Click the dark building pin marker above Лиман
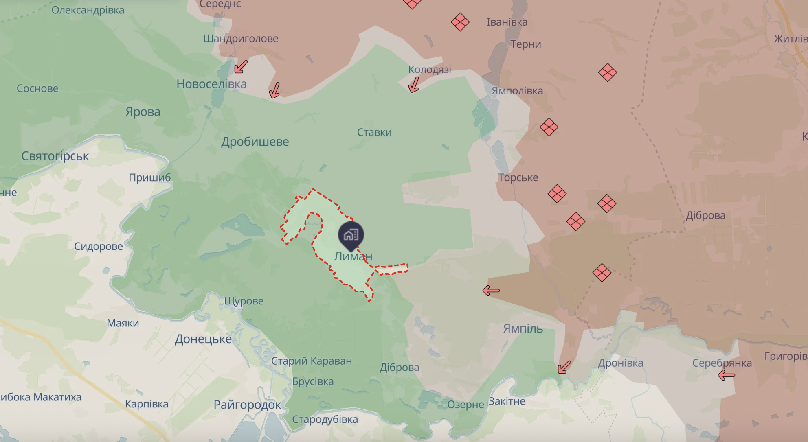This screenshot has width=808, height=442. [351, 235]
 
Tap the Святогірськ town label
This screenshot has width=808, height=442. [55, 156]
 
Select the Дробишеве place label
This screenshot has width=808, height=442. [255, 142]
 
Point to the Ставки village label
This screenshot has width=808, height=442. [374, 132]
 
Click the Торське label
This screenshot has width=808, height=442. [518, 177]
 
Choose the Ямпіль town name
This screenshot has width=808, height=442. [523, 328]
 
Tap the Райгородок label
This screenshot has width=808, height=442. [247, 405]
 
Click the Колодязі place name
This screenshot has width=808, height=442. [430, 70]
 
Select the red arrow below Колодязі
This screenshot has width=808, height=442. [414, 85]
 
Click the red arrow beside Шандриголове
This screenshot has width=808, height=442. [241, 67]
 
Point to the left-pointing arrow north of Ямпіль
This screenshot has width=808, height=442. [491, 291]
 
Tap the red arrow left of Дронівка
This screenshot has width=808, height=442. [564, 367]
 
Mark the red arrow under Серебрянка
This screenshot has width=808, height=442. [726, 375]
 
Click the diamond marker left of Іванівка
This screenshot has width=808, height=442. [460, 22]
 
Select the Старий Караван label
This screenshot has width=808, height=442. [312, 361]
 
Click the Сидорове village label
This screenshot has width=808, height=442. [99, 246]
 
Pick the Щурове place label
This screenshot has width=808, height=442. [244, 301]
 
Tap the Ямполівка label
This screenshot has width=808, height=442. [517, 91]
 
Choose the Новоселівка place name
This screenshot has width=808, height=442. [211, 84]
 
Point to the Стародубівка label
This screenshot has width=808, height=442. [325, 420]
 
